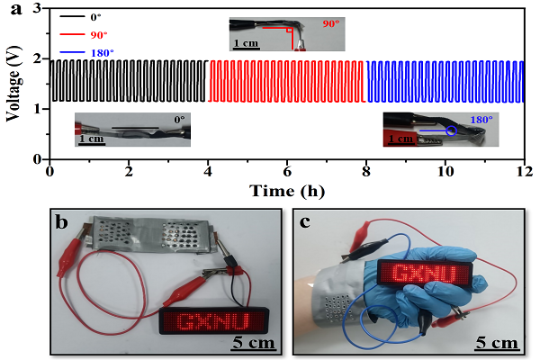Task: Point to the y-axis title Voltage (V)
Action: (x=12, y=85)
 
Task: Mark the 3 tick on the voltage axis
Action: (x=38, y=8)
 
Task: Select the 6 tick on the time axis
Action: (x=287, y=171)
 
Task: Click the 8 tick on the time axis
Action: (x=365, y=171)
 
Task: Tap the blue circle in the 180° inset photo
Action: (x=451, y=130)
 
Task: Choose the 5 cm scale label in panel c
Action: (x=495, y=342)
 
